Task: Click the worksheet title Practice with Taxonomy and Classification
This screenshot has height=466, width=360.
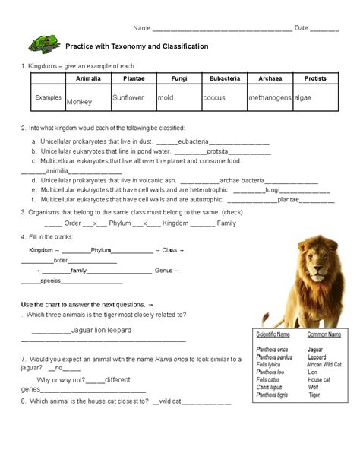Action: click(137, 46)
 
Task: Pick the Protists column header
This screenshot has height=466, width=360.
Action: click(314, 78)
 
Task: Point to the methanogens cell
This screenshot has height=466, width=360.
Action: click(270, 99)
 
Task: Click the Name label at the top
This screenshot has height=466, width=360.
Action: click(142, 28)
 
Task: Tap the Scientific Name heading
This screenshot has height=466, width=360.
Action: click(273, 334)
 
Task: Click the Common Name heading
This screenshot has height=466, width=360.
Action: click(324, 334)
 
